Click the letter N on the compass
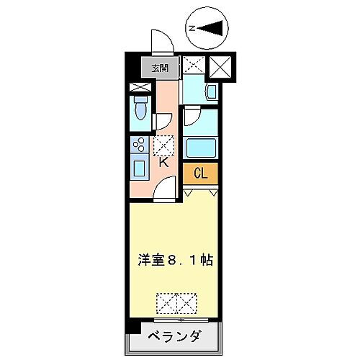pos(192,28)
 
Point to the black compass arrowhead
pos(213,28)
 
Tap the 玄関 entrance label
pos(160,69)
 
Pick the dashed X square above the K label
pos(163,146)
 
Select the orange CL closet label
pos(202,174)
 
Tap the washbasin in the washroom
pos(210,92)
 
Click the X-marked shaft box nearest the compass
pos(218,67)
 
